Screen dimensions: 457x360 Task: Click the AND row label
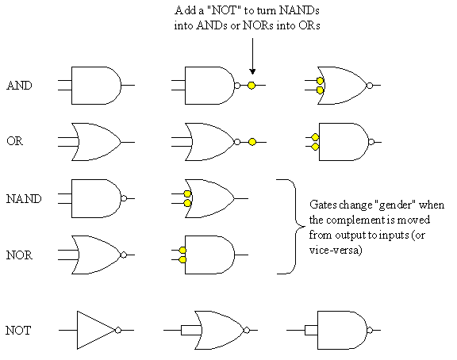tap(19, 86)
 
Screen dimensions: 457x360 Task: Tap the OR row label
tap(14, 141)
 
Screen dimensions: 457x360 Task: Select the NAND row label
tap(24, 199)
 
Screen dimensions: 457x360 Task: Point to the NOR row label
tap(19, 255)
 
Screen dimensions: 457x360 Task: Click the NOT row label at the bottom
tap(18, 331)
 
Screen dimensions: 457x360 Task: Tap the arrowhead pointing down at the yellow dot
tap(252, 71)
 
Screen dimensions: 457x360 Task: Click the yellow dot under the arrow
tap(252, 86)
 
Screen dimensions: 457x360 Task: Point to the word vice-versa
tap(335, 250)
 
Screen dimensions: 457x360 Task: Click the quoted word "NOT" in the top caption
tap(225, 10)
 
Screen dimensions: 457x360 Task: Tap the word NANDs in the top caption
tap(299, 10)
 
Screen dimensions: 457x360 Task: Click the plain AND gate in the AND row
tap(96, 86)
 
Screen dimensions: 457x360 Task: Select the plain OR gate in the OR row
tap(96, 142)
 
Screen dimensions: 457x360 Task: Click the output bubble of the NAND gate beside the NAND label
tap(124, 198)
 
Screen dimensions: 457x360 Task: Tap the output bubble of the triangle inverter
tap(118, 330)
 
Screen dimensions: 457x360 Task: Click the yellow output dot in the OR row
tap(252, 142)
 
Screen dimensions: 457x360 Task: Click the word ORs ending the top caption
tap(309, 25)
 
